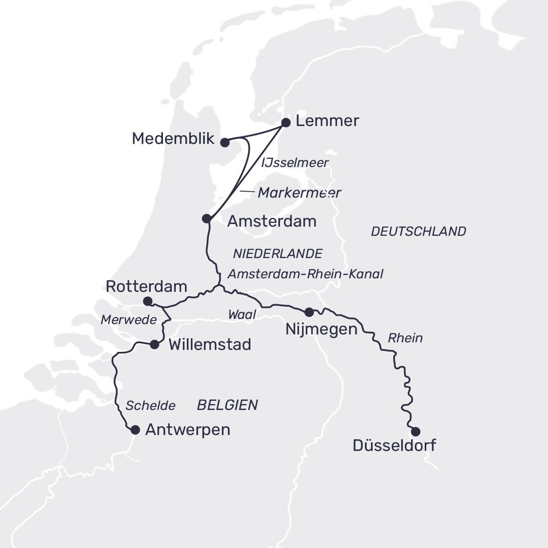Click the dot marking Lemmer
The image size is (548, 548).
pyautogui.click(x=286, y=122)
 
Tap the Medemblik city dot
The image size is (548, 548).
pyautogui.click(x=225, y=142)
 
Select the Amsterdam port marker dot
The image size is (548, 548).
pyautogui.click(x=207, y=219)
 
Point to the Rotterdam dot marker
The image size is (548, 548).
pyautogui.click(x=148, y=301)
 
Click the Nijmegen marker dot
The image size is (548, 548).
pyautogui.click(x=309, y=312)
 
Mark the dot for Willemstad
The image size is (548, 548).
pyautogui.click(x=154, y=344)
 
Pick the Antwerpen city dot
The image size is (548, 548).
pyautogui.click(x=135, y=430)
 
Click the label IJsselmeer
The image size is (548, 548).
pyautogui.click(x=295, y=163)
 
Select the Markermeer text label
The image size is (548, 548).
pyautogui.click(x=299, y=193)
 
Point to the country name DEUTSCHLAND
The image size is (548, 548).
pyautogui.click(x=418, y=231)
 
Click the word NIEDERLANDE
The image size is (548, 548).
pyautogui.click(x=278, y=254)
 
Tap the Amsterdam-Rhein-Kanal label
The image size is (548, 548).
pyautogui.click(x=305, y=274)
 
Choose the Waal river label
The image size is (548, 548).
pyautogui.click(x=242, y=315)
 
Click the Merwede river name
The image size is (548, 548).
pyautogui.click(x=129, y=320)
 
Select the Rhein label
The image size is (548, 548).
pyautogui.click(x=405, y=338)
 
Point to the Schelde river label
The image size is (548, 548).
pyautogui.click(x=150, y=406)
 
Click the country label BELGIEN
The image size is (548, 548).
pyautogui.click(x=227, y=405)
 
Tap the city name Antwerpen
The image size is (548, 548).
pyautogui.click(x=188, y=430)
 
